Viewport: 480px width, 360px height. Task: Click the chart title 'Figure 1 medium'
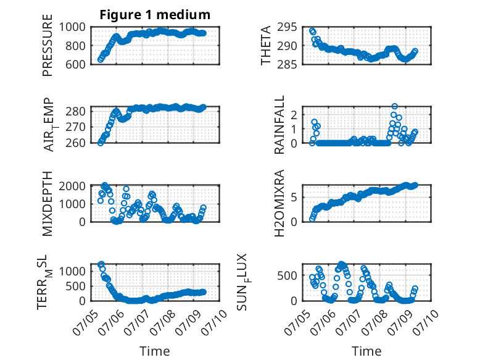coord(155,15)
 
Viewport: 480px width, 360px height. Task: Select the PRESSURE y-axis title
coord(48,45)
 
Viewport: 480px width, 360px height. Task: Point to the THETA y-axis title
coord(266,45)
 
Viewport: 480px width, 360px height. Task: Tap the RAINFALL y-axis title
coord(279,124)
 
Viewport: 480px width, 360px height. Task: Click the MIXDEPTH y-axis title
coord(48,203)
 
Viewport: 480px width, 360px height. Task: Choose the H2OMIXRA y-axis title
coord(279,203)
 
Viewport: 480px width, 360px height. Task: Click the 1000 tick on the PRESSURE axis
coord(72,27)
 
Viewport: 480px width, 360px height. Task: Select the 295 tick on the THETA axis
coord(287,27)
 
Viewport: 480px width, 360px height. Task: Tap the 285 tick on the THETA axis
coord(287,64)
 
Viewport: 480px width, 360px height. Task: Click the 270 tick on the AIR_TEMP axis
coord(76,127)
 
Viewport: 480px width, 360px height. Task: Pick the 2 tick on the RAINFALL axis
coord(294,115)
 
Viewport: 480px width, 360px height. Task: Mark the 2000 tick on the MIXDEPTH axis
coord(72,186)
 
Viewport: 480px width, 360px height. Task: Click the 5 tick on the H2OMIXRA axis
coord(294,197)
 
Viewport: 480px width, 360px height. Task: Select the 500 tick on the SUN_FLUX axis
coord(287,275)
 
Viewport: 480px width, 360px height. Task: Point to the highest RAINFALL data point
coord(395,106)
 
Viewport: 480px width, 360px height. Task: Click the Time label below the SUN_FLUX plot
coord(366,351)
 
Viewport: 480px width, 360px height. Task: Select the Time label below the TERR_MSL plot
coord(155,351)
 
